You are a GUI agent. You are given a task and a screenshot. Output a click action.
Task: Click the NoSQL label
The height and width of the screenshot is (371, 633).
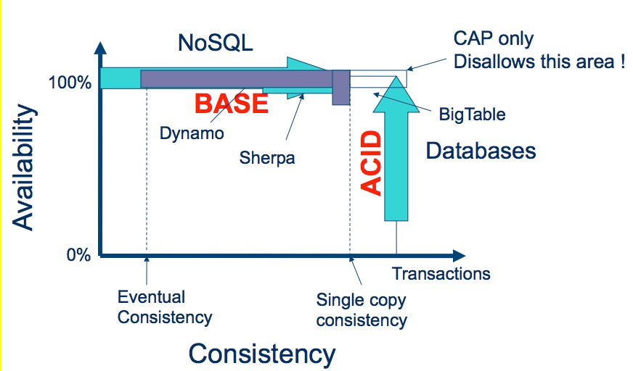coord(216,42)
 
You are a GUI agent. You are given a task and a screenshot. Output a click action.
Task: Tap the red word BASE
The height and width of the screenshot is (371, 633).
coord(232,104)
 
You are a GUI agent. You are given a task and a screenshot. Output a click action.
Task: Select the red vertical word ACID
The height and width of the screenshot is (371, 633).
coord(371,163)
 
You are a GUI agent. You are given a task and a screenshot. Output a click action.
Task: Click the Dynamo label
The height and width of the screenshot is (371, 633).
coord(192,133)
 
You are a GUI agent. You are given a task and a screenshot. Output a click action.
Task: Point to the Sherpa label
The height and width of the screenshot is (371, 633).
coord(267,157)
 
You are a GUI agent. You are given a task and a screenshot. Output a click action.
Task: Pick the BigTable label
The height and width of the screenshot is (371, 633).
coord(473,114)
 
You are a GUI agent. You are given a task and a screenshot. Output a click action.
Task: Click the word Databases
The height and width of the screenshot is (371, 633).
coord(481,151)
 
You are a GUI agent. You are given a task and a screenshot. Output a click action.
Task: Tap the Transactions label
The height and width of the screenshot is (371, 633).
coord(441,274)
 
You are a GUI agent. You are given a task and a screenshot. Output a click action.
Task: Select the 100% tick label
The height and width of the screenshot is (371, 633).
coord(70,83)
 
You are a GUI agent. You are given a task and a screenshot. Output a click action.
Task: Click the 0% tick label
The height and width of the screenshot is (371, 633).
coord(78,255)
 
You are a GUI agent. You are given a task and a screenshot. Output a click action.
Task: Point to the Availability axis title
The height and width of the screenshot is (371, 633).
coord(23,167)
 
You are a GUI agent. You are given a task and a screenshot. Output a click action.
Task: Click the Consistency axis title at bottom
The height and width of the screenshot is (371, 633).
coord(262,354)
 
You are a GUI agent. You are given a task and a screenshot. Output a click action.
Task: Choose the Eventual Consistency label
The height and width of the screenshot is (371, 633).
coord(165,307)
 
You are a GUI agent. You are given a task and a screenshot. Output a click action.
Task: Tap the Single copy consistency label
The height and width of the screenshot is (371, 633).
coord(362,311)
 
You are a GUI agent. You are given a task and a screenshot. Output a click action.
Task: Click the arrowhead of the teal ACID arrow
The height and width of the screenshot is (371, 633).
coord(396,94)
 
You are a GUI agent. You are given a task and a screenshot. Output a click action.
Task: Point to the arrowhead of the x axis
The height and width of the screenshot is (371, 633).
coord(460,255)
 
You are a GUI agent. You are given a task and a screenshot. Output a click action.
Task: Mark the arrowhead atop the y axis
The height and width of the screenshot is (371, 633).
coord(100,49)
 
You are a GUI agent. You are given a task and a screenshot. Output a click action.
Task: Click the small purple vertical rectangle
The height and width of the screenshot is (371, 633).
coord(341,88)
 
